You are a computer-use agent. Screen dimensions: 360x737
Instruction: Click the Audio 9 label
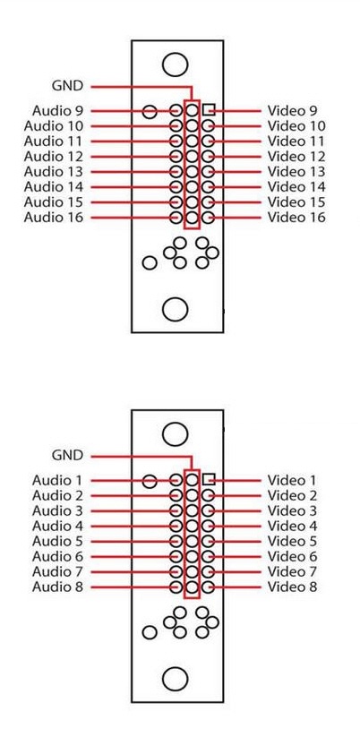(x=57, y=111)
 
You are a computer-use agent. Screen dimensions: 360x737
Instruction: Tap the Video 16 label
(x=296, y=218)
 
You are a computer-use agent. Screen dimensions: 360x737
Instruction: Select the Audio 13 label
(x=53, y=172)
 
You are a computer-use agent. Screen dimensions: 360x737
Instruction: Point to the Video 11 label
(x=296, y=141)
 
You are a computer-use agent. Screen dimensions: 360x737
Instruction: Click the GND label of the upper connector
(x=67, y=86)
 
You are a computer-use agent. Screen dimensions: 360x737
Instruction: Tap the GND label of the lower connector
(x=67, y=456)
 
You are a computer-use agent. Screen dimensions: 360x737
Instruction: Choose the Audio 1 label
(x=57, y=480)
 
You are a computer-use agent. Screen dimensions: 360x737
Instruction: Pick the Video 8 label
(x=292, y=587)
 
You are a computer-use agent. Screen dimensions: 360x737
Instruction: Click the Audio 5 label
(x=57, y=542)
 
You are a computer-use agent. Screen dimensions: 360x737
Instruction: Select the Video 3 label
(x=292, y=511)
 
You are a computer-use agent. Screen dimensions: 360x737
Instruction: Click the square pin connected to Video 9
(x=209, y=110)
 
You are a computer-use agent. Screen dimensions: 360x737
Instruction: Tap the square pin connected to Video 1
(x=209, y=479)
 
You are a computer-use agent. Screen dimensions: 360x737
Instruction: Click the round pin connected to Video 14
(x=208, y=187)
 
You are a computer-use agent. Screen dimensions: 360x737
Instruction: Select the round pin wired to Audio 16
(x=176, y=218)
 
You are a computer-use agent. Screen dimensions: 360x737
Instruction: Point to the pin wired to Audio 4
(x=176, y=526)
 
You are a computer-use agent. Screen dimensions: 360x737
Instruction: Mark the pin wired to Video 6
(x=208, y=556)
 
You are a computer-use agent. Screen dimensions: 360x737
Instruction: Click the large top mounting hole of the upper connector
(x=176, y=64)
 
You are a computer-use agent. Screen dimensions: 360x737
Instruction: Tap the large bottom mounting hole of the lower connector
(x=176, y=679)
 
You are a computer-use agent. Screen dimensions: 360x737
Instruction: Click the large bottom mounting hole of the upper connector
(x=176, y=309)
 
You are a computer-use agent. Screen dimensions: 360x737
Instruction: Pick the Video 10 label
(x=296, y=126)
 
